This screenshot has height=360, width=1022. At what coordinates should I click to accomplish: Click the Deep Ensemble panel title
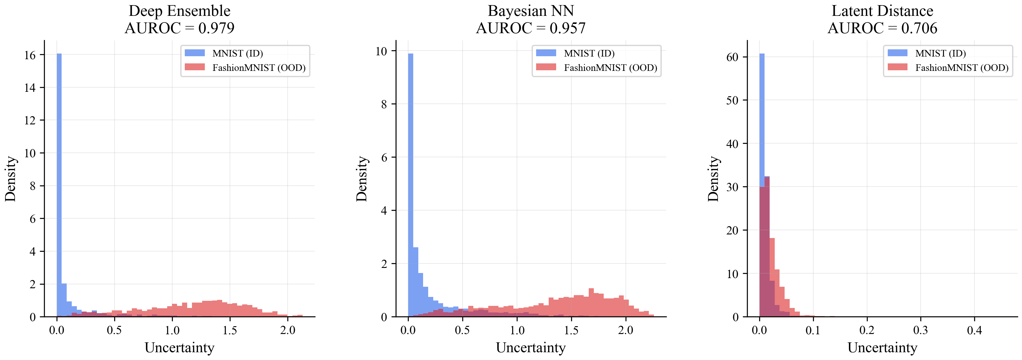coord(179,11)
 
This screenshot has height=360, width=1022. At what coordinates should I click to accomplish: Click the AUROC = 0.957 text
coord(530,28)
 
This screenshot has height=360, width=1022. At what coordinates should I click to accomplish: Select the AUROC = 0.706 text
coord(882,28)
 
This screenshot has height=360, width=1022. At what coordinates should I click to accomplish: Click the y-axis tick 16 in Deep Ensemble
coord(30,55)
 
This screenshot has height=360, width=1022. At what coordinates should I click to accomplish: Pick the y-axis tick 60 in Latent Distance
coord(732,57)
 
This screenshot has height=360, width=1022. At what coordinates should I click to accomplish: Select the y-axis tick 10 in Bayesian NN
coord(381,51)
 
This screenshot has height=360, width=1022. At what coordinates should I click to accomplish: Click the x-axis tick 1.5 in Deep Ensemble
coord(230,330)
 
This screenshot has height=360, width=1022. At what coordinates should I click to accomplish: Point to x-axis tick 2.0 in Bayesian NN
coord(625,330)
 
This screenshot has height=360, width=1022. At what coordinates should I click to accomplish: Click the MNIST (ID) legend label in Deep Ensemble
coord(237,54)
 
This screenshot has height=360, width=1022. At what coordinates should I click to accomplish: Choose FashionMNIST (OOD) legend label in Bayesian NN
coord(610,68)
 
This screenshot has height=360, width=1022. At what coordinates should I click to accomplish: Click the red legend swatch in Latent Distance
coord(897,67)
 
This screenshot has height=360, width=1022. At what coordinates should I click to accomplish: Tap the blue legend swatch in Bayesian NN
coord(546,53)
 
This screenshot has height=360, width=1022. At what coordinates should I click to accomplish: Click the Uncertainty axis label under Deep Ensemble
coord(179,348)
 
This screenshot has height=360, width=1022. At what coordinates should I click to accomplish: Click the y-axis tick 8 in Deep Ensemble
coord(33,186)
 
